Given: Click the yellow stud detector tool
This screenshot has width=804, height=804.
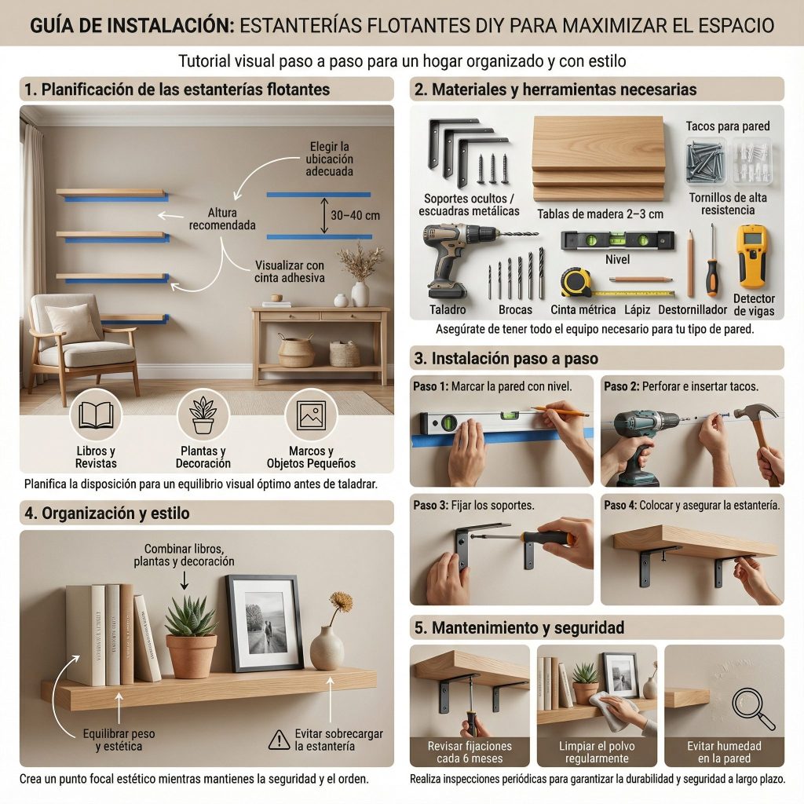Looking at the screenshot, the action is pyautogui.click(x=752, y=256).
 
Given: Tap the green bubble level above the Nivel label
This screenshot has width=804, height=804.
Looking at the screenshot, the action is pyautogui.click(x=617, y=240).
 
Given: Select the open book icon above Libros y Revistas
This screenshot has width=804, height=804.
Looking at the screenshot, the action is pyautogui.click(x=96, y=415).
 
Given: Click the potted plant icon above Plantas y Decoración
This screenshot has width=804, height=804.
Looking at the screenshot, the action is pyautogui.click(x=203, y=415).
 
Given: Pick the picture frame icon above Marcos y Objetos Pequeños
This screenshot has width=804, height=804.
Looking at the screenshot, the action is pyautogui.click(x=311, y=415).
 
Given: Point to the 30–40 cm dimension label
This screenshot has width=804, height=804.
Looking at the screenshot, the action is pyautogui.click(x=356, y=215).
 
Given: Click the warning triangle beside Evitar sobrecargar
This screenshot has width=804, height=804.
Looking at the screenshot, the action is pyautogui.click(x=279, y=740).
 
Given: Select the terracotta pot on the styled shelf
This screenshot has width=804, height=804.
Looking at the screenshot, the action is pyautogui.click(x=191, y=656).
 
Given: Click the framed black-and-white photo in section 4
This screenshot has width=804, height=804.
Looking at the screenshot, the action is pyautogui.click(x=265, y=623).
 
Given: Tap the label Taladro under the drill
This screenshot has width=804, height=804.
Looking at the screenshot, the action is pyautogui.click(x=448, y=309).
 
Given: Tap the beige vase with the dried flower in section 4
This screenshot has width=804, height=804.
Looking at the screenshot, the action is pyautogui.click(x=327, y=648).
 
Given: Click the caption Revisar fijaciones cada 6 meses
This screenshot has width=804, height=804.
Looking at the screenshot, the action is pyautogui.click(x=470, y=752).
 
